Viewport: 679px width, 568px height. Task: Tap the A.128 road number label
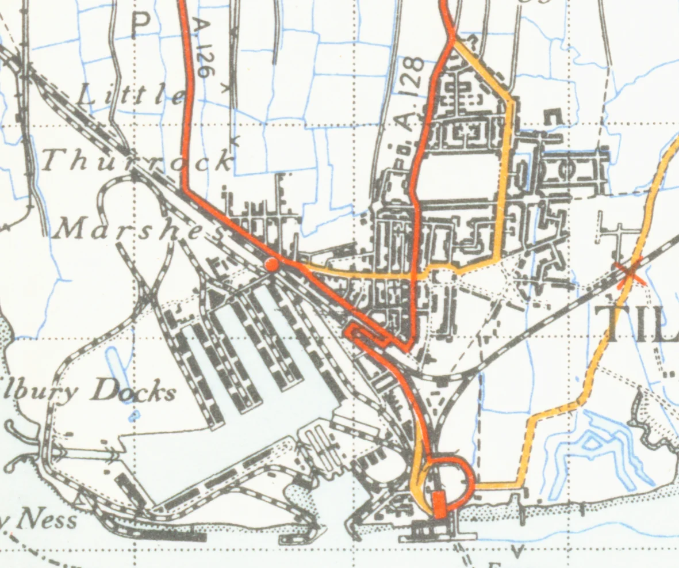point(412,92)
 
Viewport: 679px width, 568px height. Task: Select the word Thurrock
point(137,161)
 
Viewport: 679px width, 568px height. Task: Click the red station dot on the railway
point(271,264)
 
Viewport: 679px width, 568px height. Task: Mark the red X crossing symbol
point(630,273)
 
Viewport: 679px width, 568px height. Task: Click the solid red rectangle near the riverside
point(439,504)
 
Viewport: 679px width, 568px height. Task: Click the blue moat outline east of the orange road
point(598,449)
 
